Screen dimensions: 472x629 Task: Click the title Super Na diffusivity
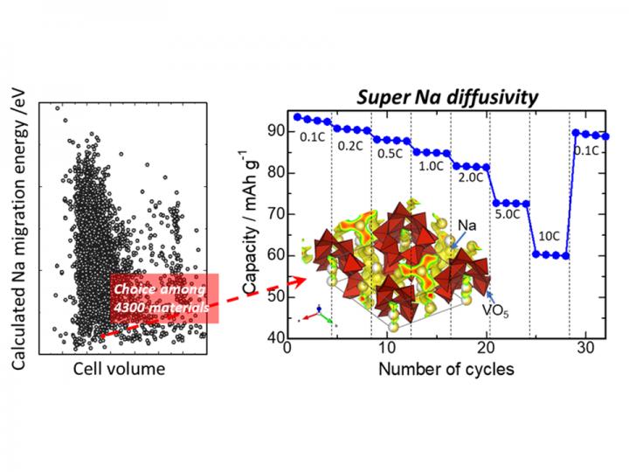pos(448,97)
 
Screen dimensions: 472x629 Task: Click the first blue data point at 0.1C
pos(297,117)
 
